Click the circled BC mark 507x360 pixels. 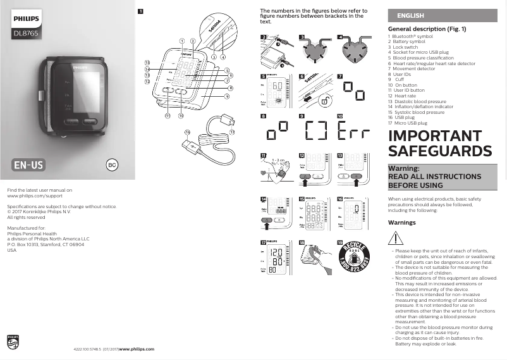[x=111, y=165]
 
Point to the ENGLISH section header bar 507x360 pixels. [x=442, y=15]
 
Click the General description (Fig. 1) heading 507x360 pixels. [x=427, y=29]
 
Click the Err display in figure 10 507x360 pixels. [x=350, y=132]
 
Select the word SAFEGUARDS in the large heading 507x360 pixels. [x=439, y=151]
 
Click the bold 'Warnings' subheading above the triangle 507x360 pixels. [x=401, y=223]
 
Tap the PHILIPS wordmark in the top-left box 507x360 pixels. [x=25, y=20]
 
